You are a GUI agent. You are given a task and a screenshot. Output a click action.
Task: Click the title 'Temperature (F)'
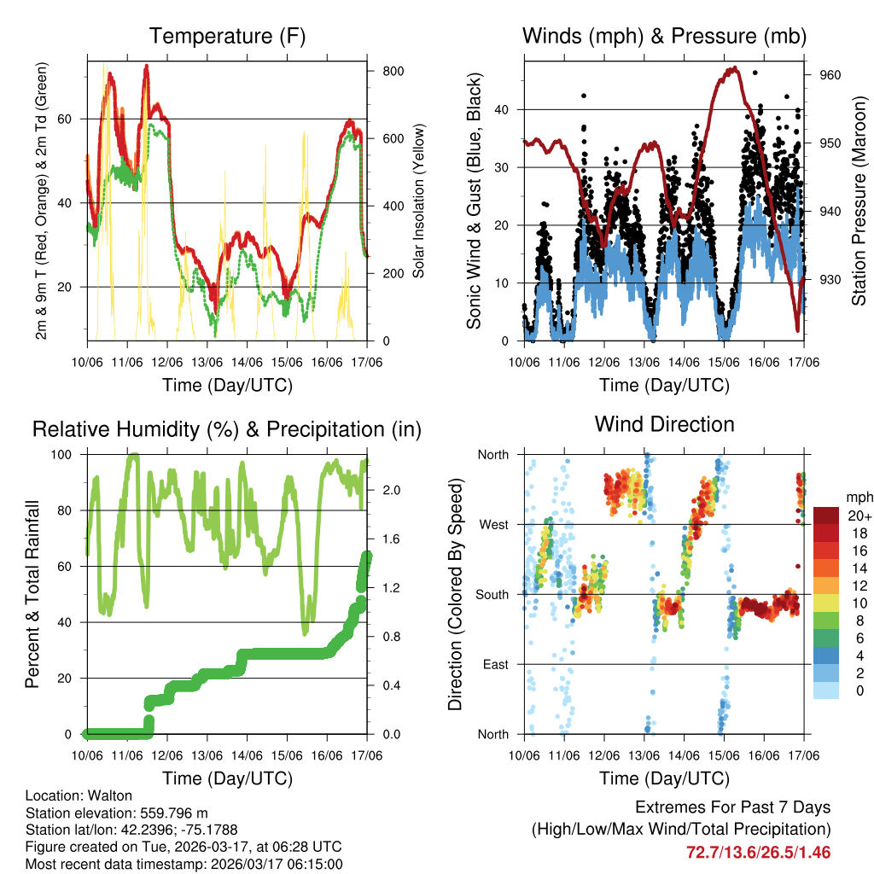[227, 36]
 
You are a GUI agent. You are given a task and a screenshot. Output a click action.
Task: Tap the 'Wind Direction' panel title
[664, 423]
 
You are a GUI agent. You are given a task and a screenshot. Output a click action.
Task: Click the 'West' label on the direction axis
[493, 524]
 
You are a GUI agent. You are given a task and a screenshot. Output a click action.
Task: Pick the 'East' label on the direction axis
[494, 664]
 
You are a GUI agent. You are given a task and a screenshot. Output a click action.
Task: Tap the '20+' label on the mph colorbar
[857, 516]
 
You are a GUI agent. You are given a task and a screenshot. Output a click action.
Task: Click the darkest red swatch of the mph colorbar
[827, 516]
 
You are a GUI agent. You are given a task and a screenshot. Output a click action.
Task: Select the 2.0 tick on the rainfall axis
[393, 490]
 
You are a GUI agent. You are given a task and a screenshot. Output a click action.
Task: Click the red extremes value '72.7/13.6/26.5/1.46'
[758, 853]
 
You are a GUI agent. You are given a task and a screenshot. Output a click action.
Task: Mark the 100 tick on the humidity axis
[69, 455]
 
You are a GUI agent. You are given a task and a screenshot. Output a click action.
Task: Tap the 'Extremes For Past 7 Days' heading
[732, 807]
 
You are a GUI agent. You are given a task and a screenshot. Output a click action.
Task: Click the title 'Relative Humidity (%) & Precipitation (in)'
[227, 429]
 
